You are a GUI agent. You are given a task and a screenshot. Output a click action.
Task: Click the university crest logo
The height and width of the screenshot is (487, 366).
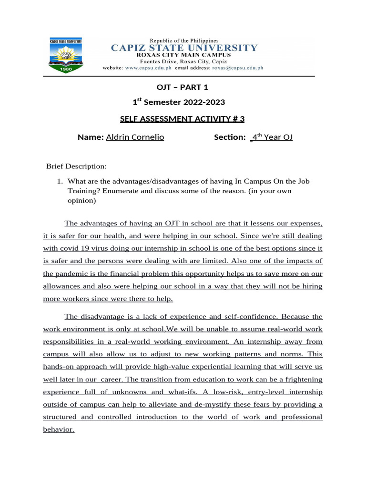66,55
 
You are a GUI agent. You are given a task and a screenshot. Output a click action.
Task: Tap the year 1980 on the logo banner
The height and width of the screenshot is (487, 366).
66,68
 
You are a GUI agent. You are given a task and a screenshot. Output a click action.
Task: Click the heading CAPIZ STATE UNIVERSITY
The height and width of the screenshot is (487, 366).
184,48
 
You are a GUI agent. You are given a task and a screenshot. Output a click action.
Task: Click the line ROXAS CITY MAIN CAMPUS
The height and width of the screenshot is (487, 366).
183,55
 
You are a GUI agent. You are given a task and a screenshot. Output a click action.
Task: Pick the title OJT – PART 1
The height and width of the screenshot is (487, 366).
183,87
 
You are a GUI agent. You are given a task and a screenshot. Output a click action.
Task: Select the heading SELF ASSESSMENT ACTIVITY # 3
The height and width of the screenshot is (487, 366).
183,119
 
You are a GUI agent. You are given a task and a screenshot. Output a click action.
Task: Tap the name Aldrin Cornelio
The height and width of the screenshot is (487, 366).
135,137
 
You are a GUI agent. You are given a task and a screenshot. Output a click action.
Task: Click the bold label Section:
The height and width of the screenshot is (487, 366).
230,137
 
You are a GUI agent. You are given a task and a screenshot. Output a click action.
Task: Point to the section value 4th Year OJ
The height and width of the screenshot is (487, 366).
272,137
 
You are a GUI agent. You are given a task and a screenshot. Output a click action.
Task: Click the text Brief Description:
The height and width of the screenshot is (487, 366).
76,166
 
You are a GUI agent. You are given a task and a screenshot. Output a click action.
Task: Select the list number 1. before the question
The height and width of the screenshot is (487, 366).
60,181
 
